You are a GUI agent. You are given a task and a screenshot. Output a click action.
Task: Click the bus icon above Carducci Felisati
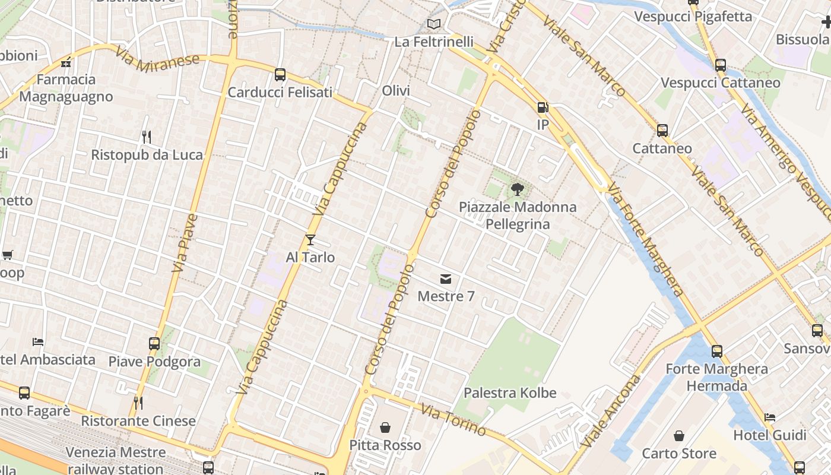280,75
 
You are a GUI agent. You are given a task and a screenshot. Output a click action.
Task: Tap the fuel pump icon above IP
542,107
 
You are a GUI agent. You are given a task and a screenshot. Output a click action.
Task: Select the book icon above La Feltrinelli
434,24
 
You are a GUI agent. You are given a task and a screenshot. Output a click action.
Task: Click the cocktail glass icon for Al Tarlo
310,240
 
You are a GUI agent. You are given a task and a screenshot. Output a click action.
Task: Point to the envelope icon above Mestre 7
446,279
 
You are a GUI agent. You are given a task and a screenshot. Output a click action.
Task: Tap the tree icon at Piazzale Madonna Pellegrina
518,189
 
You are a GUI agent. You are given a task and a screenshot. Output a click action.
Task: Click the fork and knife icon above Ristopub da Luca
147,137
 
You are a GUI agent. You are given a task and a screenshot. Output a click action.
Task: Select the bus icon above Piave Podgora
154,343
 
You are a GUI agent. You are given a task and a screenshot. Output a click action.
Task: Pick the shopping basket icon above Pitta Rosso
385,427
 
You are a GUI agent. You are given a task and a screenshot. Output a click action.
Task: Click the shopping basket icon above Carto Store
679,436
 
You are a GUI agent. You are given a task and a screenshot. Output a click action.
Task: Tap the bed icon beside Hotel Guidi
770,417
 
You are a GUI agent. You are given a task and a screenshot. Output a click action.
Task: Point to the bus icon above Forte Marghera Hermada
717,351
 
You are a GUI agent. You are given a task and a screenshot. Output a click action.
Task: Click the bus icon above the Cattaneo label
662,130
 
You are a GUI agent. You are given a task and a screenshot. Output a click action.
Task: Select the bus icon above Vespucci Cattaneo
721,65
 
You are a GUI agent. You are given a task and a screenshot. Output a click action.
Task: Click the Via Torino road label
453,420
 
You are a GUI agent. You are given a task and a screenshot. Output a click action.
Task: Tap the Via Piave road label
185,243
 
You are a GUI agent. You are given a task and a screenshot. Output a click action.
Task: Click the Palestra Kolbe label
510,392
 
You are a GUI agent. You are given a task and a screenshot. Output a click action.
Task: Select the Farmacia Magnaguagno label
66,88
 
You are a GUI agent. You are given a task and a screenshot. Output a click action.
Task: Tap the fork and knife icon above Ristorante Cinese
138,403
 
